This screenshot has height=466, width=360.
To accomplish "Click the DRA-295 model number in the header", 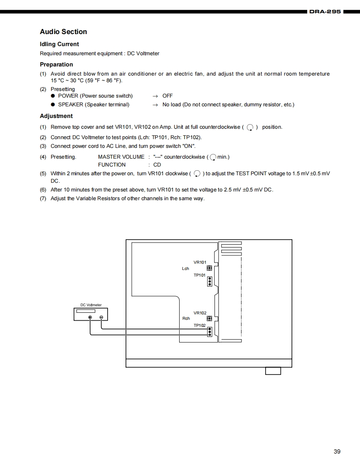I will click(x=325, y=12).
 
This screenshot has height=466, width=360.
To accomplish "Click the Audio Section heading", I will click(x=63, y=32).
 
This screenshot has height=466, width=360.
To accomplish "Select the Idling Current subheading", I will click(x=59, y=44).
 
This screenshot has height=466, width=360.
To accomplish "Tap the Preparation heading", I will click(x=56, y=64).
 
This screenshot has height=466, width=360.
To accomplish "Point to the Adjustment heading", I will click(x=56, y=116).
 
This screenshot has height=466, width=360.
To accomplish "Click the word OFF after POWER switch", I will click(x=168, y=96).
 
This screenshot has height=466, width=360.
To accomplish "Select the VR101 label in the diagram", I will click(x=200, y=262).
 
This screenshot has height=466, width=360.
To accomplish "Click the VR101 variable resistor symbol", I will click(x=210, y=268).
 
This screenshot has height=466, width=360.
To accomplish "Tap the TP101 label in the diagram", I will click(x=200, y=275).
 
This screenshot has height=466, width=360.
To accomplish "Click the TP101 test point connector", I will click(x=210, y=282).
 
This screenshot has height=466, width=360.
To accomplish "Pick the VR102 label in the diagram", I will click(x=200, y=313).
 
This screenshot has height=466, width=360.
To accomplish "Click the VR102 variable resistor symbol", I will click(x=210, y=319).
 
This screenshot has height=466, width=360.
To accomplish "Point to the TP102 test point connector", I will click(x=210, y=331).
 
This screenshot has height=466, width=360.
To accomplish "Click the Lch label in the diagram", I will click(x=185, y=269).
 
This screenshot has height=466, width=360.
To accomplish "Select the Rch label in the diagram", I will click(x=186, y=319).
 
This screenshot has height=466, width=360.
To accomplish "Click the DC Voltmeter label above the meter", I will click(x=91, y=305).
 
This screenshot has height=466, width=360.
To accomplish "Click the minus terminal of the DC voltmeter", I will click(x=101, y=318).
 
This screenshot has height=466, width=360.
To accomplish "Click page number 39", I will click(x=337, y=451).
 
